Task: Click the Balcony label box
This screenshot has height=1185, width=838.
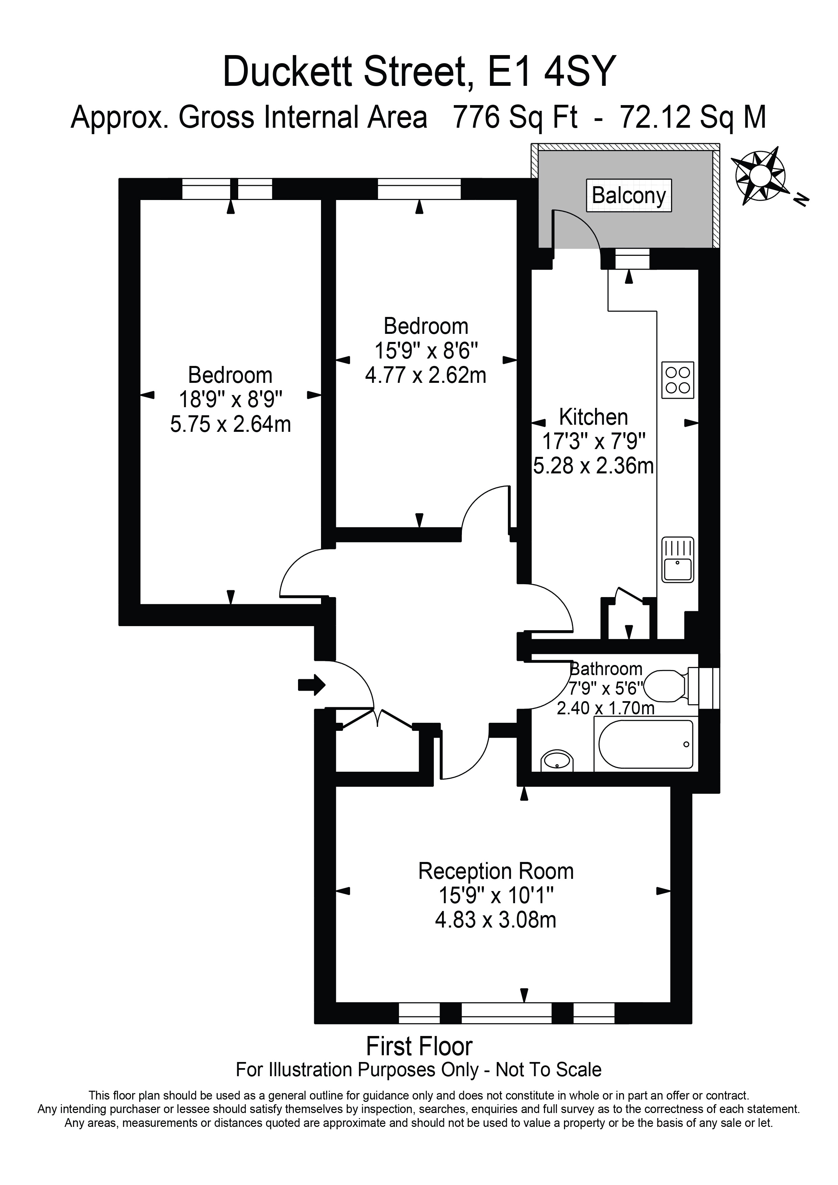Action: (629, 195)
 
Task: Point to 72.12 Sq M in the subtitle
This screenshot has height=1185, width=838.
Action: (693, 117)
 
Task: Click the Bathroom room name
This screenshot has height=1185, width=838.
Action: (606, 669)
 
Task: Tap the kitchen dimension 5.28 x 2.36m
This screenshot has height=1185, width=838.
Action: (593, 466)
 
